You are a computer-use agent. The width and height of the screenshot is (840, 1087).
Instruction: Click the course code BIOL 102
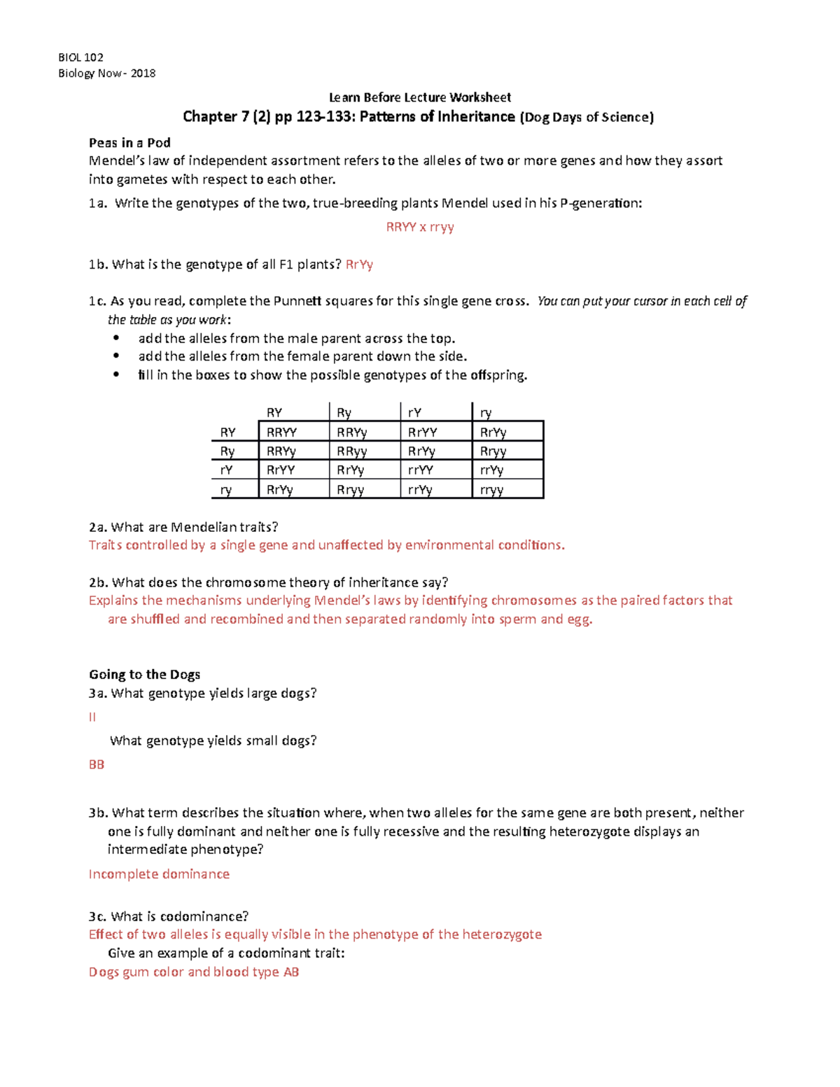pos(80,57)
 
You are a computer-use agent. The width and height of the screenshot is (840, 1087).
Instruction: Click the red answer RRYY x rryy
pos(420,227)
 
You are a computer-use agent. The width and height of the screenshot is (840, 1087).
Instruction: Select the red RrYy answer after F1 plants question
pos(359,265)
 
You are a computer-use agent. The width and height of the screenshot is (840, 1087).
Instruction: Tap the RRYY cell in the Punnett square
pos(282,433)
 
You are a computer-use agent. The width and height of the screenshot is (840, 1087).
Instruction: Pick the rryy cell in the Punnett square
pos(491,490)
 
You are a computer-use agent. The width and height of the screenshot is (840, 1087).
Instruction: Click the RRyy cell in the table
pos(351,451)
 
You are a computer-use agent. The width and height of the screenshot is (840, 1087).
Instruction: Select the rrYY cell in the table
pos(420,470)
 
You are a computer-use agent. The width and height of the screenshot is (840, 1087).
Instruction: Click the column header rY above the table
pos(414,413)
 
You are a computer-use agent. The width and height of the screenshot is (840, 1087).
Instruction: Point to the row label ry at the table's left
pos(226,490)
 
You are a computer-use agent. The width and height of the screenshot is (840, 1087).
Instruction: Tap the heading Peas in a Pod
pos(129,143)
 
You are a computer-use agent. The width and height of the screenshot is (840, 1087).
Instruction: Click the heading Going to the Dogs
pos(144,675)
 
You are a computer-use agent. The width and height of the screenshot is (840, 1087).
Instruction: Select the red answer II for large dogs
pos(92,717)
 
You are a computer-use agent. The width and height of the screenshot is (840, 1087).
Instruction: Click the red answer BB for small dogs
pos(97,764)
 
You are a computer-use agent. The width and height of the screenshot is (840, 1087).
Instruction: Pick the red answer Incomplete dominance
pos(159,874)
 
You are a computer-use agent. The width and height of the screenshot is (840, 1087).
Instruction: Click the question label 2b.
pos(98,582)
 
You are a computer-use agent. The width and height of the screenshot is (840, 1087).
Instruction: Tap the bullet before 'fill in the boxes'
pos(116,375)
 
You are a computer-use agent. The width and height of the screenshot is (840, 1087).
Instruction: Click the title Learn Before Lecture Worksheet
pos(420,97)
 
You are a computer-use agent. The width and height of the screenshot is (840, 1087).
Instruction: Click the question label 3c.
pos(97,916)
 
